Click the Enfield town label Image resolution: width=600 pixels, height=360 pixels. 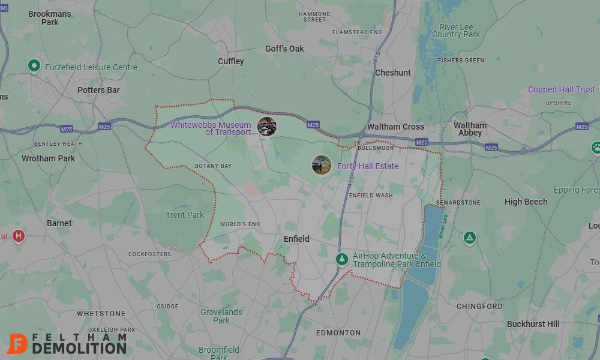pyautogui.click(x=296, y=239)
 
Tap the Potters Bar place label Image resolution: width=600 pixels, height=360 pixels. pyautogui.click(x=98, y=90)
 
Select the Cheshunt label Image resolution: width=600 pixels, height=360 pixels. pyautogui.click(x=393, y=73)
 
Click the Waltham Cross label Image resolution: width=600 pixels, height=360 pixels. pyautogui.click(x=395, y=127)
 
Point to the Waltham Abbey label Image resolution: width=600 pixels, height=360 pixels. pyautogui.click(x=470, y=129)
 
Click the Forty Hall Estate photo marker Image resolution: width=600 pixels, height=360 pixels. pyautogui.click(x=322, y=165)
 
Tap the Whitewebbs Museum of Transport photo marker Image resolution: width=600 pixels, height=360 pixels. pyautogui.click(x=266, y=127)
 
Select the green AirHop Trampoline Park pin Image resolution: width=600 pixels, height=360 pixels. pyautogui.click(x=341, y=259)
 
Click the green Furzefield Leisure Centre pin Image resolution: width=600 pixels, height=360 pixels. pyautogui.click(x=34, y=66)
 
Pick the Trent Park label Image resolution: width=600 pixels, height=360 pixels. pyautogui.click(x=185, y=215)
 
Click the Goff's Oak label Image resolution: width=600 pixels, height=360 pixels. pyautogui.click(x=284, y=49)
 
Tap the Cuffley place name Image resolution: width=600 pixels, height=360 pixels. pyautogui.click(x=231, y=61)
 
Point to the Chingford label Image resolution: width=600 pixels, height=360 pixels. pyautogui.click(x=479, y=306)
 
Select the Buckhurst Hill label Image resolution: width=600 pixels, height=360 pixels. pyautogui.click(x=533, y=324)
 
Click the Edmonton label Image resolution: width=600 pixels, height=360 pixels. pyautogui.click(x=338, y=332)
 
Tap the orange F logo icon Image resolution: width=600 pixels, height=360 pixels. pyautogui.click(x=18, y=343)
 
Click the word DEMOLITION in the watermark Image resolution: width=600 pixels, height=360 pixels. pyautogui.click(x=79, y=348)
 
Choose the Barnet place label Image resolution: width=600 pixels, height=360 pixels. pyautogui.click(x=59, y=223)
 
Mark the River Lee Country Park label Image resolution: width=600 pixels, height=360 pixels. pyautogui.click(x=456, y=31)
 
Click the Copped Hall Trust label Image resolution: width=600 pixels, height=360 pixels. pyautogui.click(x=561, y=89)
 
